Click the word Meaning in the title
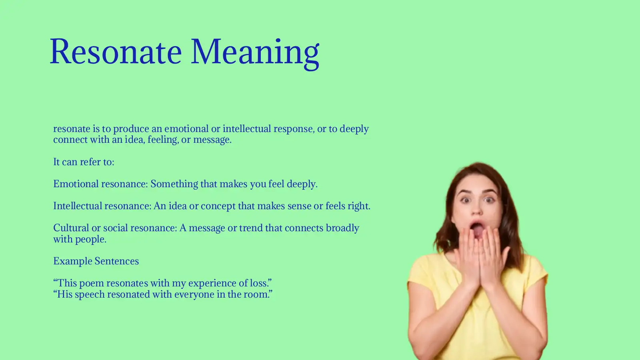255,52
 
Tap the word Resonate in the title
116,52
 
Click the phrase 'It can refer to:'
84,162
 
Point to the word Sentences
117,261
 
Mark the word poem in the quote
92,283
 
